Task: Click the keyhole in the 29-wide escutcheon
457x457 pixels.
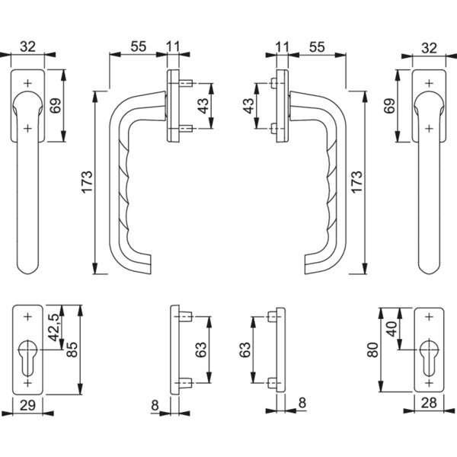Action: [28, 359]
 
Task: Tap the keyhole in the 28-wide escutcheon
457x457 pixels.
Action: [429, 359]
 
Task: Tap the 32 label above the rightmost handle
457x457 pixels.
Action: [429, 47]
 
